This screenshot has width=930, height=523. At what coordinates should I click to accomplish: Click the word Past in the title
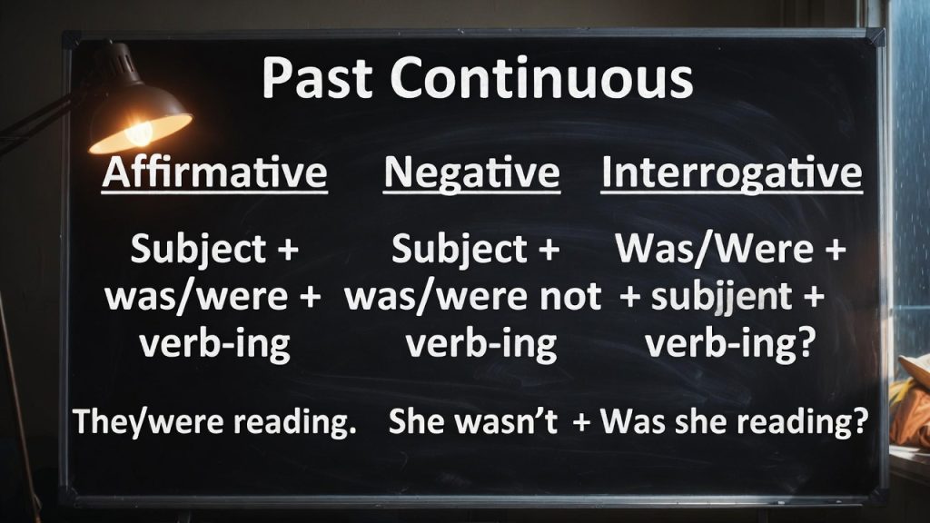tap(317, 78)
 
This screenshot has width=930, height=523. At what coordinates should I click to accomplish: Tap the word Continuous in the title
tap(541, 78)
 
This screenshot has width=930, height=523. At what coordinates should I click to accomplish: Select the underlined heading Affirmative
tap(214, 173)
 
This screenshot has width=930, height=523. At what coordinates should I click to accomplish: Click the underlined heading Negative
tap(471, 174)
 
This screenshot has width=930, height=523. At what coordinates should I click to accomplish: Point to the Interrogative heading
tap(731, 173)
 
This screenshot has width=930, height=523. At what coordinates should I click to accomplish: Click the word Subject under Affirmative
tap(198, 249)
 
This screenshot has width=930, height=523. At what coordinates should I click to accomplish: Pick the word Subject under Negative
tap(460, 249)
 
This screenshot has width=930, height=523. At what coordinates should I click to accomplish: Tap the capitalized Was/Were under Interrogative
tap(714, 249)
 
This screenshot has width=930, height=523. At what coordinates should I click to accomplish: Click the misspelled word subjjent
tap(721, 297)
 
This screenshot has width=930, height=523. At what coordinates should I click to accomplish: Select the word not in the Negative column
tap(570, 297)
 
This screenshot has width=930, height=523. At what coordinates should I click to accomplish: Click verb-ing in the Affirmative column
tap(214, 344)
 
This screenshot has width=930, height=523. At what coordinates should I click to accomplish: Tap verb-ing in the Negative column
tap(481, 344)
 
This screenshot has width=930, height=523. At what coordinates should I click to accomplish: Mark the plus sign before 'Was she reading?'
tap(582, 423)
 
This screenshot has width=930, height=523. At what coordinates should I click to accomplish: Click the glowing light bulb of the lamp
tap(140, 133)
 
